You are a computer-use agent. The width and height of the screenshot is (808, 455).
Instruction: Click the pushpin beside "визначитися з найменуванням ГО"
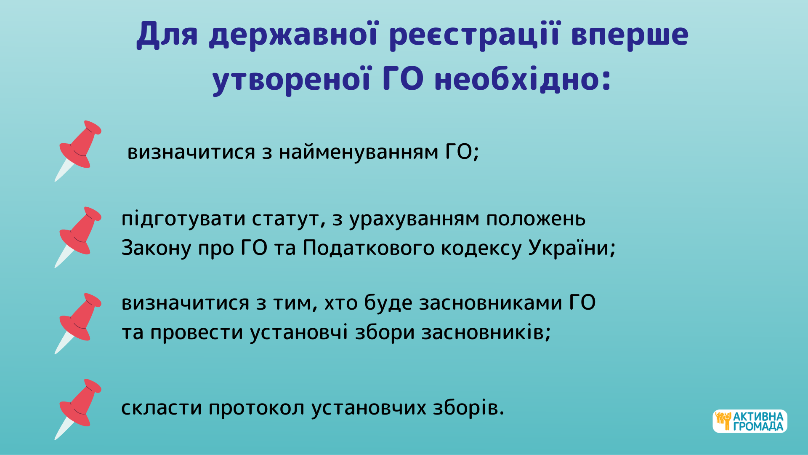tap(78, 151)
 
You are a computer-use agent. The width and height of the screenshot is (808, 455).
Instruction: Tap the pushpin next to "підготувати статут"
tap(78, 237)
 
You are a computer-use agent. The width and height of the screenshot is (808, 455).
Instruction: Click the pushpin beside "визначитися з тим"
tap(78, 324)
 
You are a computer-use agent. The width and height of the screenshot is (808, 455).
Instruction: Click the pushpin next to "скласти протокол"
tap(78, 409)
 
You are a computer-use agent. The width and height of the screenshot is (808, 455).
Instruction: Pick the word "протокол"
tap(256, 408)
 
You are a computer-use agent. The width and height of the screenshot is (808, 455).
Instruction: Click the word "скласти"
tap(162, 407)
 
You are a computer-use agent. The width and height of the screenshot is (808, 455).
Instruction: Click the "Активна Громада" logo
tap(750, 421)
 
